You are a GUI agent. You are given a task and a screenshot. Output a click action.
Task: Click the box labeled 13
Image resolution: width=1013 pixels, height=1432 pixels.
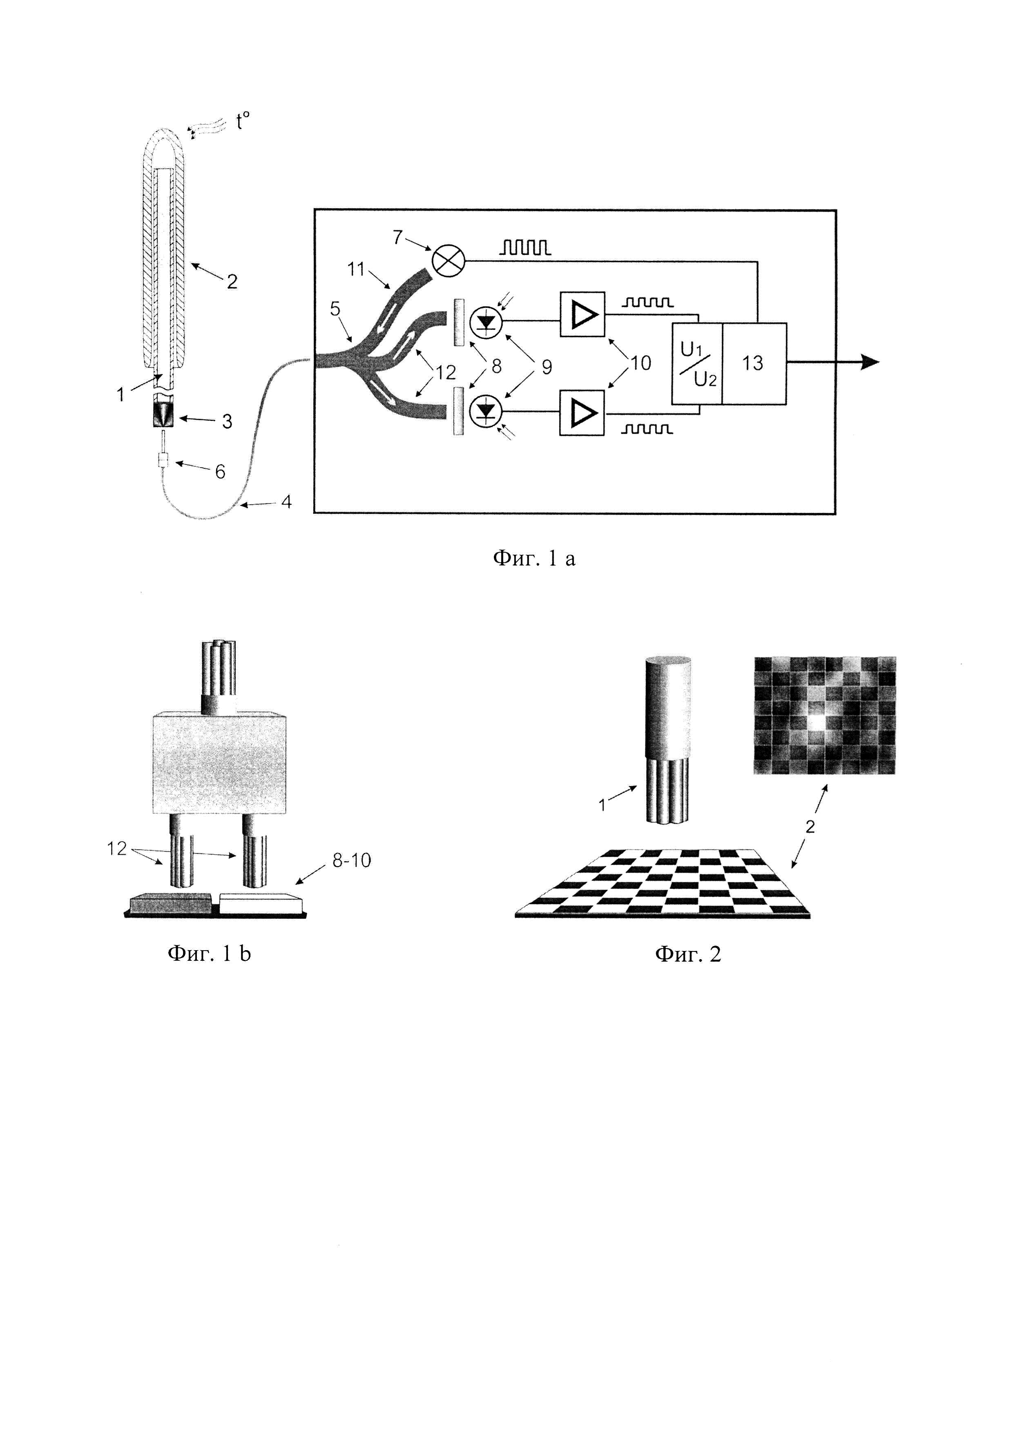(754, 363)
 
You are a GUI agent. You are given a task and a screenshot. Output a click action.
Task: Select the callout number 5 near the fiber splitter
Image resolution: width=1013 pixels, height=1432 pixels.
(335, 309)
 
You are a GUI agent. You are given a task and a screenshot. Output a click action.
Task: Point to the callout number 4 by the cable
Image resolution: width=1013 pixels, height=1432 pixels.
(286, 501)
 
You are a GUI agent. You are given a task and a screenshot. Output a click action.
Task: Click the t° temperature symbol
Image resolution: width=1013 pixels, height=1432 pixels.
(243, 121)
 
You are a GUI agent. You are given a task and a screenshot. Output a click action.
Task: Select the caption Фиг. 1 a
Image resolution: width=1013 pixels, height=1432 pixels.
(534, 558)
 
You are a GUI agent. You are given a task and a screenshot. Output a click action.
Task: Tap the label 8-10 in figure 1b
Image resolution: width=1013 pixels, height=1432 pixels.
(351, 860)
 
